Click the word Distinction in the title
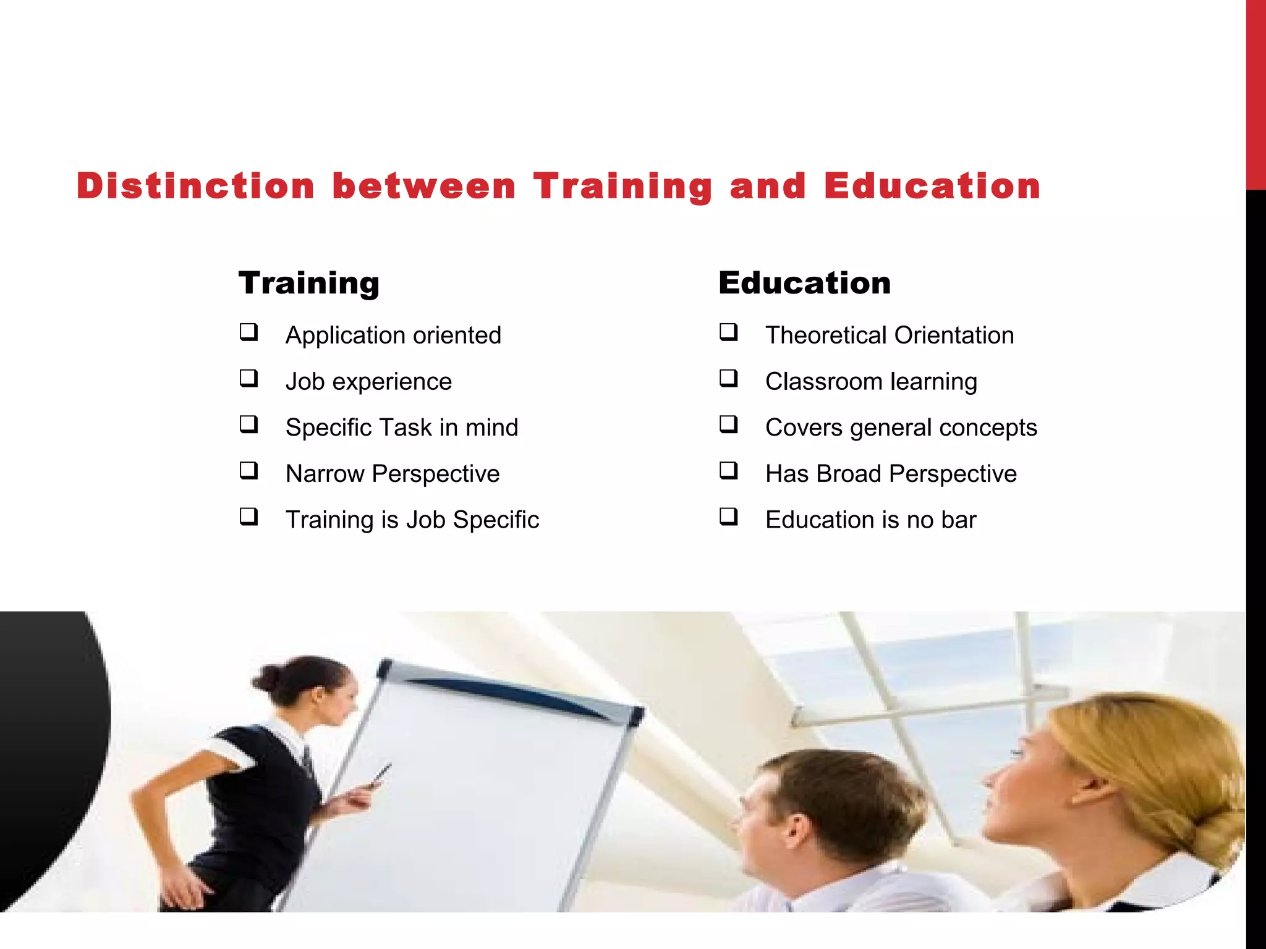195,186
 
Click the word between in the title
424,186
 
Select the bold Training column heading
309,283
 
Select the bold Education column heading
804,283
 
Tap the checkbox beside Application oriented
249,332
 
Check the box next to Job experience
249,378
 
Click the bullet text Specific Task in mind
402,428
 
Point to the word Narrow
325,474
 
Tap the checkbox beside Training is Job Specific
249,517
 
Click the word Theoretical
826,335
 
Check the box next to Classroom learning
729,378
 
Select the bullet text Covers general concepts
901,428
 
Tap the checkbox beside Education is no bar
729,517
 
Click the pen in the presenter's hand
381,775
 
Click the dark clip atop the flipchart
384,669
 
